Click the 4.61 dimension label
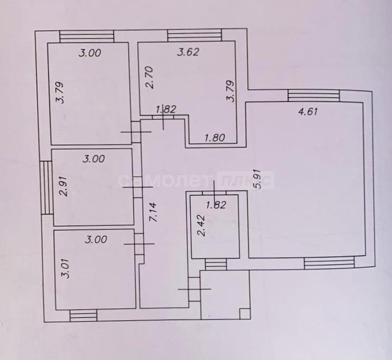tap(308, 111)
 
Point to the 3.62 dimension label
tap(188, 52)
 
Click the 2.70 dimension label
tap(149, 77)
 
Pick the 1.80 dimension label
tap(215, 137)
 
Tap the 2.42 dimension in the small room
tap(201, 226)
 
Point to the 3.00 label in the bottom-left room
tap(96, 239)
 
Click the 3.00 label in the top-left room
tap(90, 53)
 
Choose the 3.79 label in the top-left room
tap(60, 93)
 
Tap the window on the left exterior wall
tap(46, 188)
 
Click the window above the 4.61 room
tap(313, 95)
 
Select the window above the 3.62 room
tap(195, 35)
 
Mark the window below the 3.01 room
tap(83, 315)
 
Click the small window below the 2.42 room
tap(216, 264)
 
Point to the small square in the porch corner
tap(244, 314)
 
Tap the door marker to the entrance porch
tap(194, 289)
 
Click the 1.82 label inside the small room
tap(216, 205)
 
